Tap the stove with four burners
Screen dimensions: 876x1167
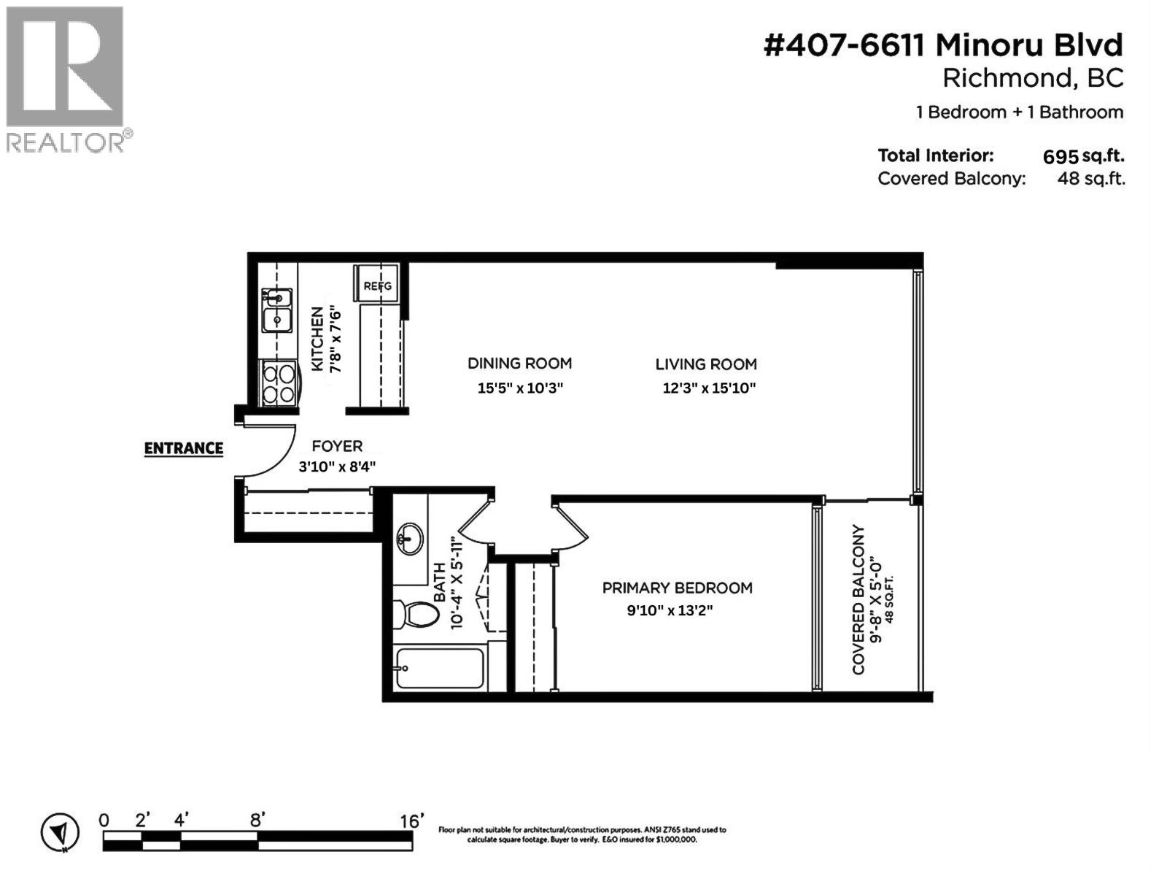tap(279, 383)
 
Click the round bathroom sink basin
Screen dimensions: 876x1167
tap(410, 540)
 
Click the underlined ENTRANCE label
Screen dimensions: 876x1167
tap(183, 448)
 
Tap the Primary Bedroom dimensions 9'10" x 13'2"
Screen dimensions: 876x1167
tap(669, 610)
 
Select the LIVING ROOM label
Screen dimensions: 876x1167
tap(705, 364)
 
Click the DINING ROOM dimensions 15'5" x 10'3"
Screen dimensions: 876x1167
tap(520, 388)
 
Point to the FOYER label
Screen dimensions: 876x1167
tap(337, 446)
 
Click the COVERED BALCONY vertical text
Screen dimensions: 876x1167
tap(858, 599)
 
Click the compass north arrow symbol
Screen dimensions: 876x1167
tap(61, 832)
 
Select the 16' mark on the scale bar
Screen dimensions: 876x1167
tap(411, 821)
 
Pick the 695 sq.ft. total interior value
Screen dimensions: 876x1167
tap(1083, 156)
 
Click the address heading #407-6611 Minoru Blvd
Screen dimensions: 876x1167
tap(942, 46)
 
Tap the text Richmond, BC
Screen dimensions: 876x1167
tap(1032, 78)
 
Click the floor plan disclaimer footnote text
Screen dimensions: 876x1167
tap(581, 834)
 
